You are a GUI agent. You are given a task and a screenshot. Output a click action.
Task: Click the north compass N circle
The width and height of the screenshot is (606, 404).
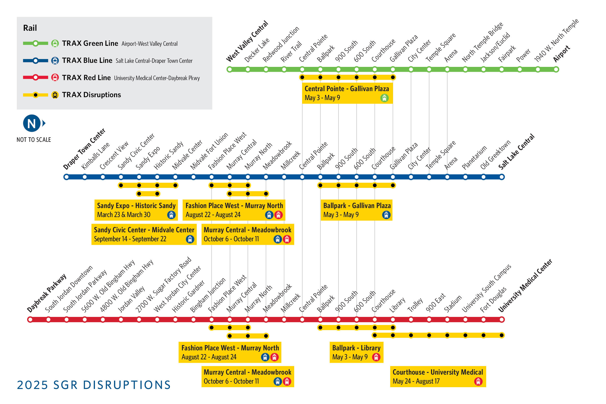(x=32, y=123)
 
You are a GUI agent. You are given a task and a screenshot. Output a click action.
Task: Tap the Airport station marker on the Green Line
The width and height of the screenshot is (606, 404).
(x=556, y=69)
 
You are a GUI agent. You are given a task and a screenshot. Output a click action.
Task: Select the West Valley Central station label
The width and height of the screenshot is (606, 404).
(x=247, y=41)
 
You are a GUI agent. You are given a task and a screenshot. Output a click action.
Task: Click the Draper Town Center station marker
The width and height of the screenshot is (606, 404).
(x=66, y=177)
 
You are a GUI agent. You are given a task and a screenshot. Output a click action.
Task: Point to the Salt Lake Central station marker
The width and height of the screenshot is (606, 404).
(x=502, y=177)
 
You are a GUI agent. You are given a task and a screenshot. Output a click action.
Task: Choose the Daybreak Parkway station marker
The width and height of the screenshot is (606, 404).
(x=30, y=320)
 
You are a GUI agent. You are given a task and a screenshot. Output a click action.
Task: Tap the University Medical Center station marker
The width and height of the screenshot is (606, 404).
(x=502, y=320)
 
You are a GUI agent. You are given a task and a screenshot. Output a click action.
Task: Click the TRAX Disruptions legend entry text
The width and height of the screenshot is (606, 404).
(x=92, y=95)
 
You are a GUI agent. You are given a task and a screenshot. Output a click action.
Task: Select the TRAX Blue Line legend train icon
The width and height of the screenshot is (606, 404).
(x=55, y=61)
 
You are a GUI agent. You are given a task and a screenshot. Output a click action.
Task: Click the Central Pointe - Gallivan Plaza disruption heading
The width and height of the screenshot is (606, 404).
(x=347, y=89)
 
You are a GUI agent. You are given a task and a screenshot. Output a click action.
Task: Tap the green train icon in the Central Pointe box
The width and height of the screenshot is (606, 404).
(x=384, y=98)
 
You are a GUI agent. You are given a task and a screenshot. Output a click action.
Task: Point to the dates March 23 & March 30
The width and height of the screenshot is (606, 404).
(x=124, y=215)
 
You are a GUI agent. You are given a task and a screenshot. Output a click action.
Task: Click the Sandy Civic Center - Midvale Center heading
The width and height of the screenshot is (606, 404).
(x=144, y=230)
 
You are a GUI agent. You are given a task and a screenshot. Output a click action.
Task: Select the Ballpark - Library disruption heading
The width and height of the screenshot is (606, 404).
(x=356, y=348)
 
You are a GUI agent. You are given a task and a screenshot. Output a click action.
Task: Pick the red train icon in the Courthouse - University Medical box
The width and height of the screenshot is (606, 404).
(x=478, y=381)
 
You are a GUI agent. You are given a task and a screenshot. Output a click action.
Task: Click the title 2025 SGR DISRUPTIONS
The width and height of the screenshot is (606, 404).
(x=94, y=385)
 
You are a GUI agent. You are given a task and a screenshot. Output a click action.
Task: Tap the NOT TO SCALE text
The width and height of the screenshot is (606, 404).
(x=34, y=140)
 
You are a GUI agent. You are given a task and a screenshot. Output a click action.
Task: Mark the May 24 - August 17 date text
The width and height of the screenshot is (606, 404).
(x=416, y=381)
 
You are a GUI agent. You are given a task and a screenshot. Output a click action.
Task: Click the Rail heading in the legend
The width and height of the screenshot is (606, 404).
(x=30, y=28)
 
